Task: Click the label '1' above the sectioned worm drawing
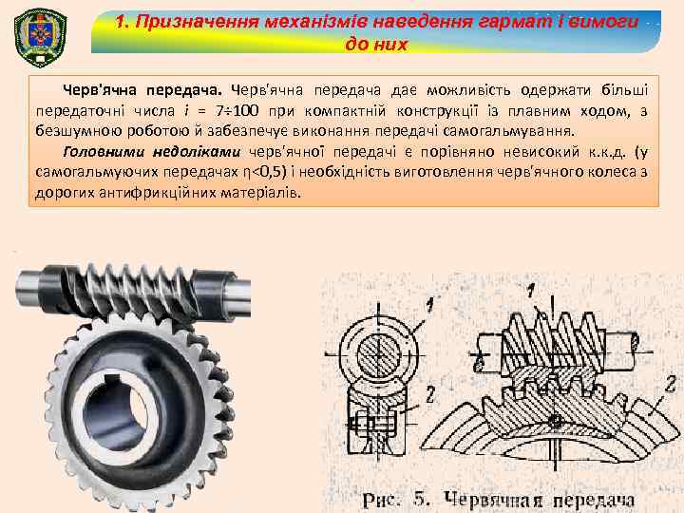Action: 531,290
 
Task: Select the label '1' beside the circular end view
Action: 431,305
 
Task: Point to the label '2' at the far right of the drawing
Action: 671,384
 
